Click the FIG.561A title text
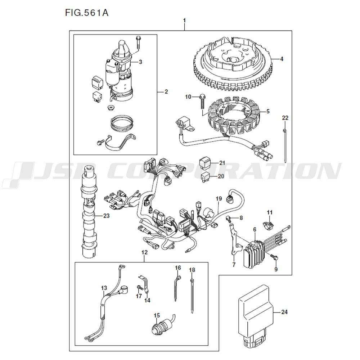pyautogui.click(x=87, y=13)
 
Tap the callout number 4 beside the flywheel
pyautogui.click(x=282, y=59)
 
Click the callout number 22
pyautogui.click(x=285, y=118)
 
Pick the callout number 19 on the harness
pyautogui.click(x=219, y=199)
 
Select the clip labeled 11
pyautogui.click(x=268, y=224)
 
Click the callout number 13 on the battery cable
pyautogui.click(x=104, y=288)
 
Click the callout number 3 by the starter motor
pyautogui.click(x=140, y=62)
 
